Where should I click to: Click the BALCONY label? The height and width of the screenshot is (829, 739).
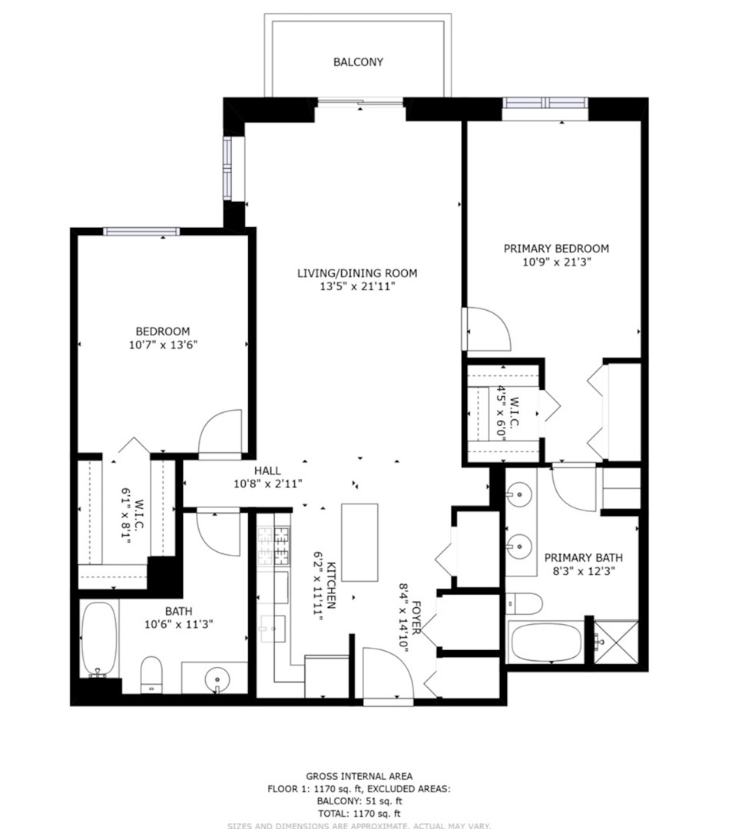tap(357, 61)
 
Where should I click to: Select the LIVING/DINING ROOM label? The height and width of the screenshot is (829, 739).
tap(357, 272)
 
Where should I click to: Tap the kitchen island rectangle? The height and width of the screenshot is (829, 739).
tap(360, 542)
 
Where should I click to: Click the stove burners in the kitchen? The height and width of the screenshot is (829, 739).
tap(273, 545)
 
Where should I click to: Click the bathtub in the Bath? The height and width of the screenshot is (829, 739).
tap(99, 639)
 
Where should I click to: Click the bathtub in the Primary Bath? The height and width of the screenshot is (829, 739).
tap(545, 642)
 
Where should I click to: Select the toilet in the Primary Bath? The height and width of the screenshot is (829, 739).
tap(524, 603)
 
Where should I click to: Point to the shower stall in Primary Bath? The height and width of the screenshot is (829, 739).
tap(617, 640)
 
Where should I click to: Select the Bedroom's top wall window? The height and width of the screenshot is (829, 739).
tap(141, 231)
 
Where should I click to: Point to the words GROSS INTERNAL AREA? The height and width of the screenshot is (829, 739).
tap(359, 776)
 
